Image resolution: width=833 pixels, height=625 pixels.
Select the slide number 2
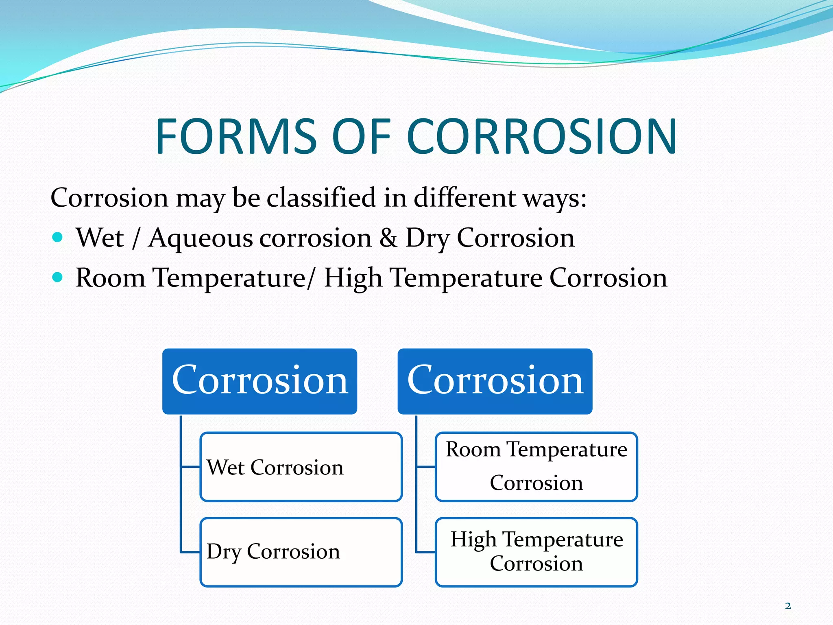(x=788, y=606)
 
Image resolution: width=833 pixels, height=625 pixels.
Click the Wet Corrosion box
(x=301, y=467)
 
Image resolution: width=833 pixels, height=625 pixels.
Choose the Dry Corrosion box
(x=301, y=552)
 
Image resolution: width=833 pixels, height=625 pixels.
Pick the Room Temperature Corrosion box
(x=536, y=467)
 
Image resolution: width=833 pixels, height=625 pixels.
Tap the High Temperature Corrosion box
(x=536, y=552)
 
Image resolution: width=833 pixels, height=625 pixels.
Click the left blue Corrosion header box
(x=259, y=381)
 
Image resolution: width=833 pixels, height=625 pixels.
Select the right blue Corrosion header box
(x=495, y=381)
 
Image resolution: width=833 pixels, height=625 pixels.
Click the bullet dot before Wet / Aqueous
(x=58, y=237)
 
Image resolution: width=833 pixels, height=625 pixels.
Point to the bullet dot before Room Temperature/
(x=58, y=277)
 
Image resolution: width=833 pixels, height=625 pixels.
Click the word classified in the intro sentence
(x=321, y=198)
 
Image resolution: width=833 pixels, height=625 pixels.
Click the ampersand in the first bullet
(x=388, y=238)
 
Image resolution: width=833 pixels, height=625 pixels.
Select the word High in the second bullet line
(x=353, y=278)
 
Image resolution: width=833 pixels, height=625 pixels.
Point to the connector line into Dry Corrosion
(x=190, y=552)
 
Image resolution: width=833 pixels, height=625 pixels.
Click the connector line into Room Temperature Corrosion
(x=425, y=467)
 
